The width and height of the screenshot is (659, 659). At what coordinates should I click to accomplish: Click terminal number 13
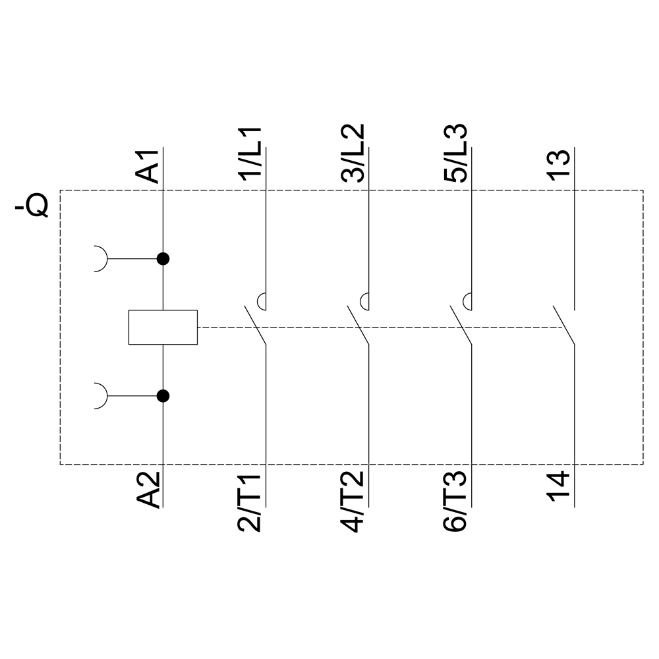(558, 166)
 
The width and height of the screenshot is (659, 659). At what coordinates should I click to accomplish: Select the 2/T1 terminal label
(251, 503)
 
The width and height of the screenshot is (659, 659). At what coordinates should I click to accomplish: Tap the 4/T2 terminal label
(355, 503)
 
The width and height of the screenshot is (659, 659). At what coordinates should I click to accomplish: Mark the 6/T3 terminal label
(457, 503)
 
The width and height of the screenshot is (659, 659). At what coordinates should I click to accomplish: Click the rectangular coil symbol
(163, 327)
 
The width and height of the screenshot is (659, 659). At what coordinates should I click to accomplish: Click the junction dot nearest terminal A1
(163, 259)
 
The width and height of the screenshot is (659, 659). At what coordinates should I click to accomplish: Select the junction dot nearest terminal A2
(163, 396)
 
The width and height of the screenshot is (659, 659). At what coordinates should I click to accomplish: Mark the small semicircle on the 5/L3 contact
(468, 301)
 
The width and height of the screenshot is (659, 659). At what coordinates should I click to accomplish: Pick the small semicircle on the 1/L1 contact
(262, 301)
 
